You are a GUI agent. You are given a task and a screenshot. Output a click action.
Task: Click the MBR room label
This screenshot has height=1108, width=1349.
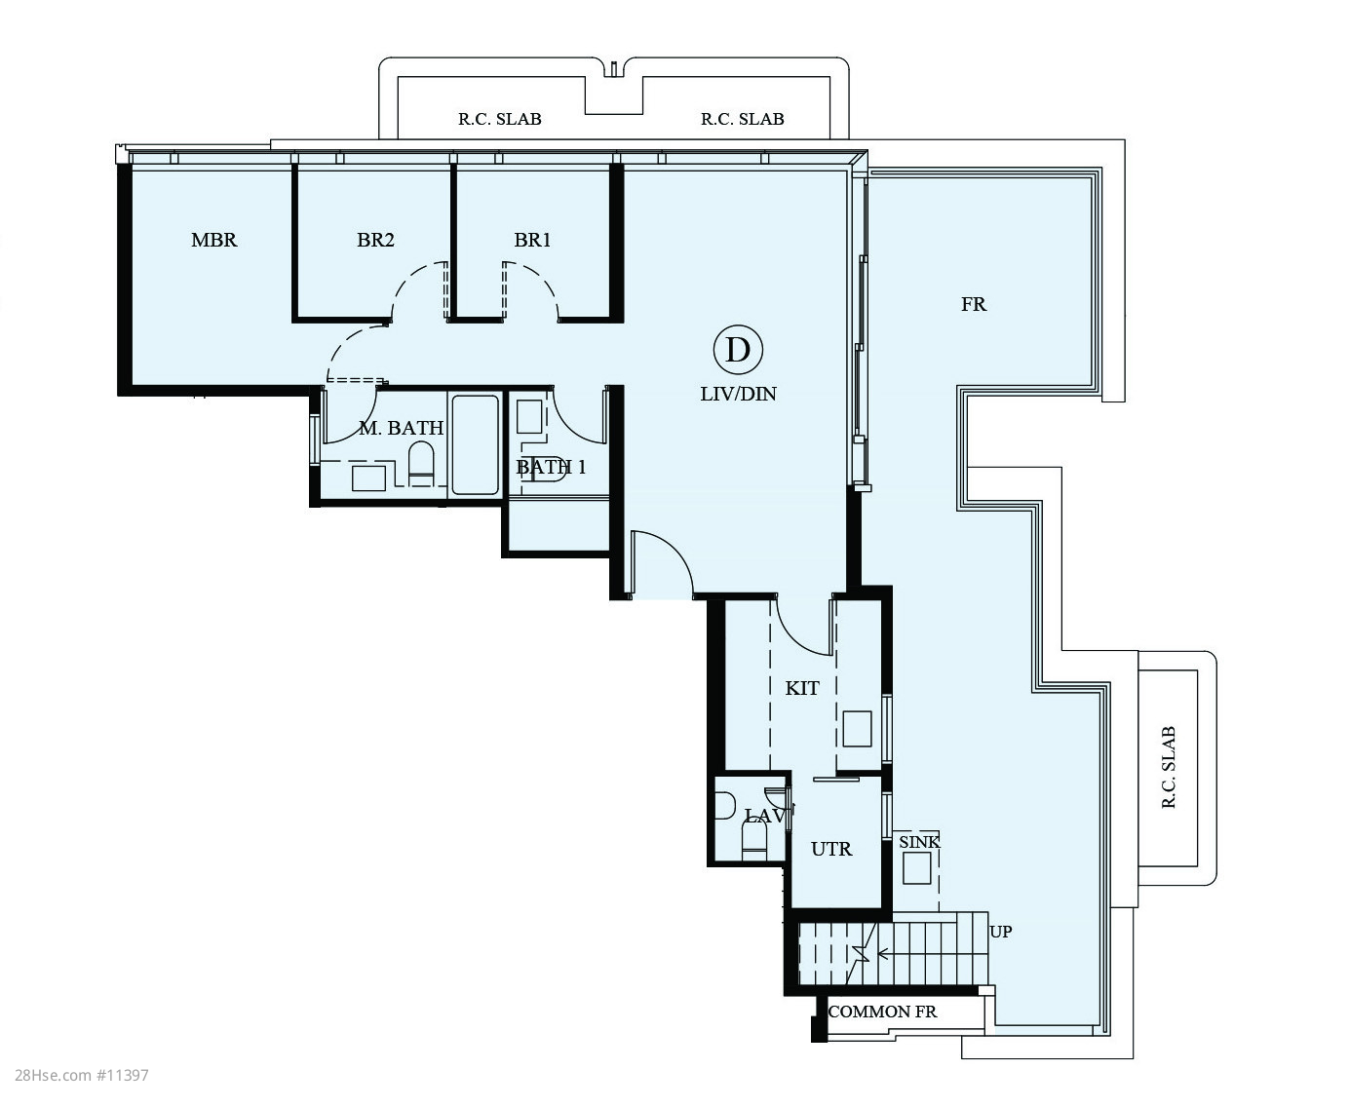tap(213, 240)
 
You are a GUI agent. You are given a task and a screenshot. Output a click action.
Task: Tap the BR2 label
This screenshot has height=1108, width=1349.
tap(375, 240)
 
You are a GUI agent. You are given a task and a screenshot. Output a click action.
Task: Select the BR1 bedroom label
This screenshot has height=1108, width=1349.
tap(532, 240)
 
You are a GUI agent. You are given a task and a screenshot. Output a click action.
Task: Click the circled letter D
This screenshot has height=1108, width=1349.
tap(738, 350)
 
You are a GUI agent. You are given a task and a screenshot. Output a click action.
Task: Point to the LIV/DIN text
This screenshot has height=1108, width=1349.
tap(738, 394)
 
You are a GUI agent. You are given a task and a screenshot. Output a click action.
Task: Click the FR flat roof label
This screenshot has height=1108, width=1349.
tap(974, 304)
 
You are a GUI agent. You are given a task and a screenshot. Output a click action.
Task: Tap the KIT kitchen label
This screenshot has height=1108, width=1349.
tap(802, 688)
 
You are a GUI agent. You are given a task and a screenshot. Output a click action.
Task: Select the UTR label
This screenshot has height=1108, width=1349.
tap(831, 849)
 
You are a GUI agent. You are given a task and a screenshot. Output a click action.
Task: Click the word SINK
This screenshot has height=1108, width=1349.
tap(919, 842)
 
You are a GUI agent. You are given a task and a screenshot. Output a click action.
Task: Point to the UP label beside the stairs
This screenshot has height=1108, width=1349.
tap(1000, 932)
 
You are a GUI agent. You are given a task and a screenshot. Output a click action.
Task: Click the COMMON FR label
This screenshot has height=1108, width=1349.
tap(882, 1012)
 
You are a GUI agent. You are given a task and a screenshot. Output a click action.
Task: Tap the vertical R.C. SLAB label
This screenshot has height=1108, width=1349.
tap(1169, 767)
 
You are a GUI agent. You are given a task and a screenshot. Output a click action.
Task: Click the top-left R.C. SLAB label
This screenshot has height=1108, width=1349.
tap(500, 119)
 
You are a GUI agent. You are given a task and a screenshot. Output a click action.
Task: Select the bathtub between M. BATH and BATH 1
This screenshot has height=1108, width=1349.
tap(475, 444)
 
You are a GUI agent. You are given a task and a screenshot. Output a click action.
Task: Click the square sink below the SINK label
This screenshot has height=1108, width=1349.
tap(916, 869)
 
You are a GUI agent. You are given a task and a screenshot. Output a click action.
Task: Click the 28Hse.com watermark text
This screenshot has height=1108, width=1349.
tap(81, 1075)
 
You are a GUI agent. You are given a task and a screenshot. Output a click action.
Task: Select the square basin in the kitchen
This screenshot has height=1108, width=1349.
tap(857, 729)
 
